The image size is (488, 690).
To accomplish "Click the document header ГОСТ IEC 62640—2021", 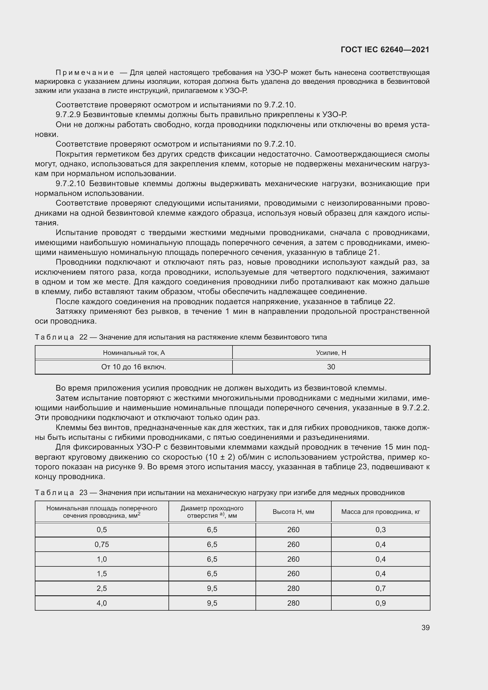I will pos(385,50).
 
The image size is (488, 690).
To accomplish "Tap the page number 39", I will pos(425,627).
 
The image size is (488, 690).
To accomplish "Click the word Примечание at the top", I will pos(85,73).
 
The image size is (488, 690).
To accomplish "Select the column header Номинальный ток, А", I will pos(134,353).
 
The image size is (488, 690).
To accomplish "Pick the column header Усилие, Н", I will pos(331,353).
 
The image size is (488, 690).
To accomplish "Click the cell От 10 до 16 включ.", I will pos(134,367).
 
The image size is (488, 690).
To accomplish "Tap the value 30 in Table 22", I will pos(331,367).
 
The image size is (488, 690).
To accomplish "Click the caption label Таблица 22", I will pos(61,337).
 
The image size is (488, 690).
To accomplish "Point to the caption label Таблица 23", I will pos(61,493).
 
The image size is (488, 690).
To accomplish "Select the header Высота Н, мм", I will pos(293,512).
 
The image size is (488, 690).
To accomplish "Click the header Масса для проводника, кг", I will pos(380,512).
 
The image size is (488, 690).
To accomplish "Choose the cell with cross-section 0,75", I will pos(101,544).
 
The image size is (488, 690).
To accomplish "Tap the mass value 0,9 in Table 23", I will pos(380,603).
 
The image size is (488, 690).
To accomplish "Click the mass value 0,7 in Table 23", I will pos(380,588).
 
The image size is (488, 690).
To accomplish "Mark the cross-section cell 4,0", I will pos(101,603).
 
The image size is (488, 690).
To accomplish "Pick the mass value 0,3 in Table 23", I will pos(380,530).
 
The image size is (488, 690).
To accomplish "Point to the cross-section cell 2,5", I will pos(101,588).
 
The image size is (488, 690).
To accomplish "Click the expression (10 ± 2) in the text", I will pos(220,457).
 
